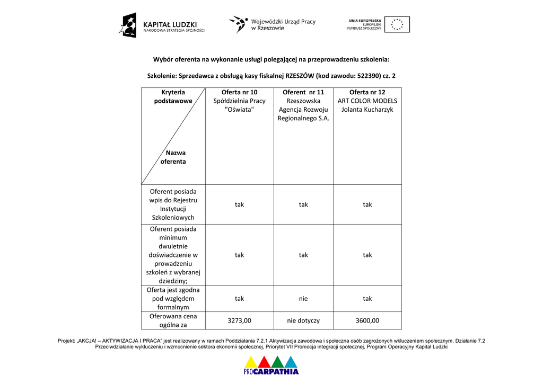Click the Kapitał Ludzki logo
coord(161,25)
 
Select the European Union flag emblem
coord(397,24)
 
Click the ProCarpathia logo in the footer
coord(271,365)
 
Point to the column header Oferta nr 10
coord(239,92)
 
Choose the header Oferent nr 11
coord(303,92)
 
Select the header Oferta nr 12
coord(367,92)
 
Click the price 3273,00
coord(239,320)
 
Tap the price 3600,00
coord(367,320)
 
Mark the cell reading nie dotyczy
coord(303,320)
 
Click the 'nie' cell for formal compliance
coord(303,299)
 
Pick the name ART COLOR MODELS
coord(367,101)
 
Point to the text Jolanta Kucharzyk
coord(367,110)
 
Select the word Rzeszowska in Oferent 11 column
coord(303,101)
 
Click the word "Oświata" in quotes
coord(239,110)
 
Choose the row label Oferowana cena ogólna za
coord(173,320)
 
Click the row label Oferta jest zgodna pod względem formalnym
coord(173,299)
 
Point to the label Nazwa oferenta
coord(174,157)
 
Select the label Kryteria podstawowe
coord(173,96)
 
